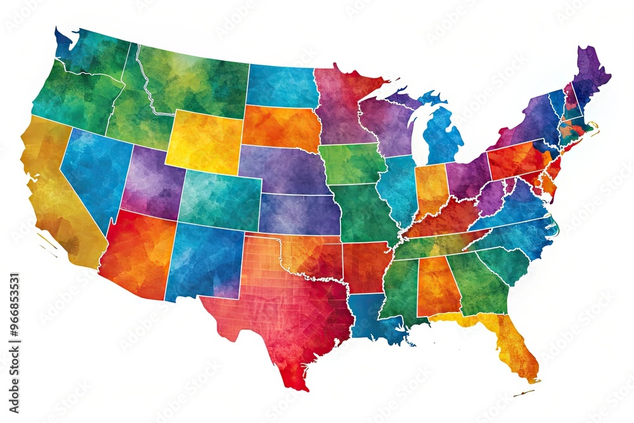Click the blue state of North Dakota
click(x=282, y=86)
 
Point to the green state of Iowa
click(x=352, y=164)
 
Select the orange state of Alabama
click(x=437, y=285)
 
